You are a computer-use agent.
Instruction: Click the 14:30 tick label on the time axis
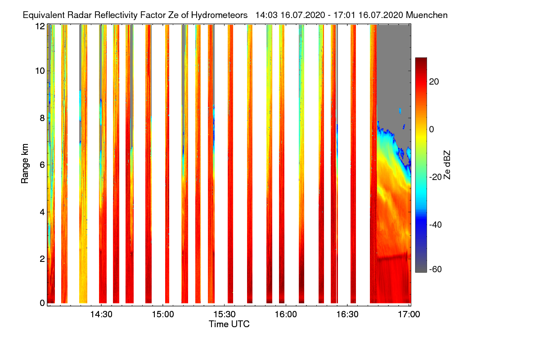tap(102, 315)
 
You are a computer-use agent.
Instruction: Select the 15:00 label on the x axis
tap(163, 315)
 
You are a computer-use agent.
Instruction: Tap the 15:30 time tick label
tap(225, 315)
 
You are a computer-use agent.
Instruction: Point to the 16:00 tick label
tap(286, 315)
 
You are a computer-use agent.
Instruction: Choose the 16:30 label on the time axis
tap(347, 315)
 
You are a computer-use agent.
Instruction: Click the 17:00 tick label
tap(409, 315)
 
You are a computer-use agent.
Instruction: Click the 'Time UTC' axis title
tap(229, 324)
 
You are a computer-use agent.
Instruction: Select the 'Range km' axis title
tap(25, 164)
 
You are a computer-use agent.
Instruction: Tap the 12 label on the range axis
tap(40, 26)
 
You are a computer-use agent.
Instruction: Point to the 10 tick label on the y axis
tap(40, 71)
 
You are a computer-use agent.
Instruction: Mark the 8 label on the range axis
tap(42, 118)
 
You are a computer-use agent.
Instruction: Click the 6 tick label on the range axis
tap(42, 165)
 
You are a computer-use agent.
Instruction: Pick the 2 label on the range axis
tap(42, 259)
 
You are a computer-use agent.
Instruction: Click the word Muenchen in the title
tap(427, 15)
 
